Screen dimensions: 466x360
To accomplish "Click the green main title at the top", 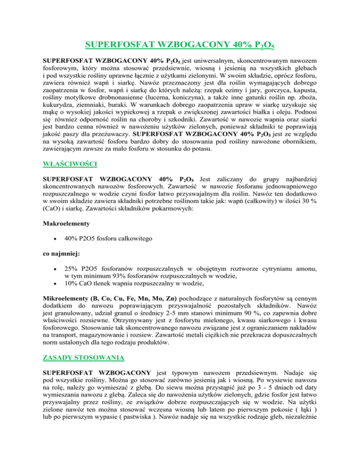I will (180, 45).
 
